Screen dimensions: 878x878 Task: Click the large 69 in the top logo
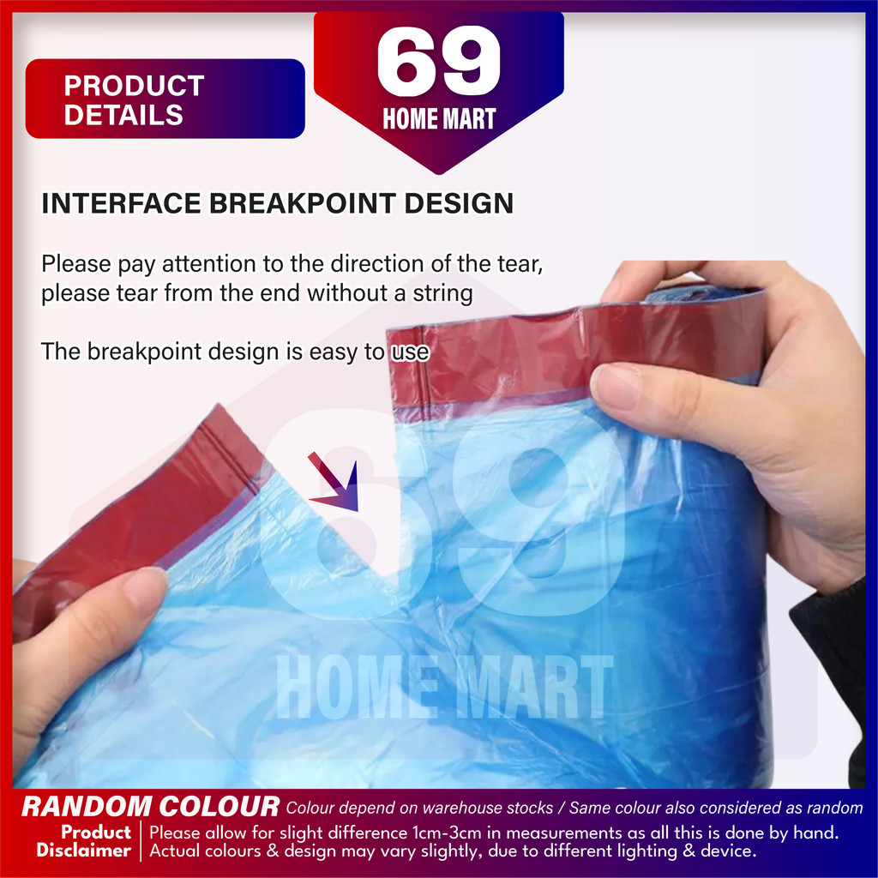(438, 61)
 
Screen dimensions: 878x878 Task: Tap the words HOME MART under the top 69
(439, 118)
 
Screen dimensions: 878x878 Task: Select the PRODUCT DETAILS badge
(165, 99)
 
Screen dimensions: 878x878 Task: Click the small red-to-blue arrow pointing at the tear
(334, 483)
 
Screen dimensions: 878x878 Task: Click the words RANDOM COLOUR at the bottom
(150, 807)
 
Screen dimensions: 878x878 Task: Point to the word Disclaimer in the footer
(83, 851)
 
